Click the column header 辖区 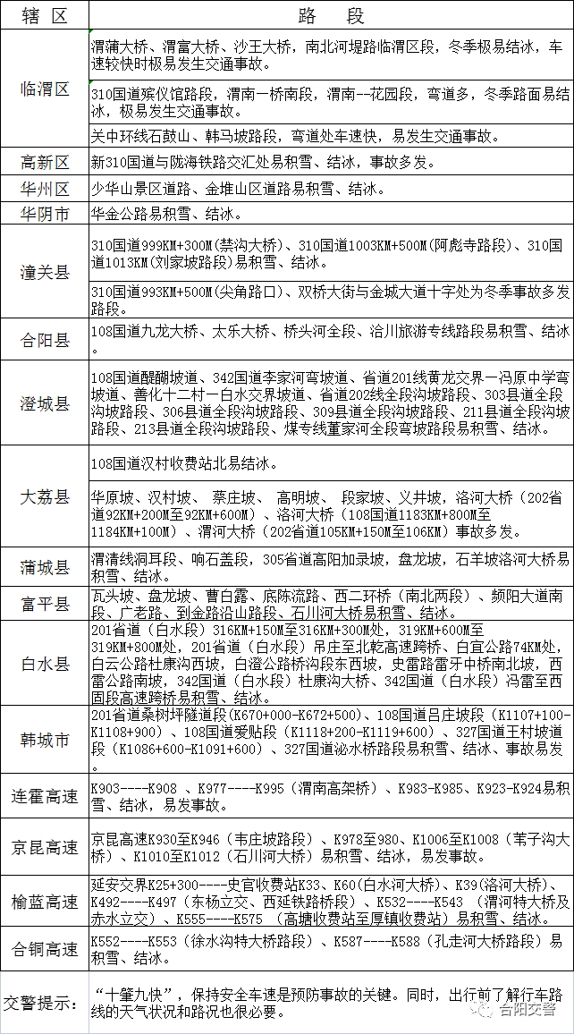coord(45,16)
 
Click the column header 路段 coord(331,16)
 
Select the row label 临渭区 coord(45,89)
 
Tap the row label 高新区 coord(45,163)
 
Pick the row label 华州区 coord(45,189)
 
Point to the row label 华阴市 coord(45,214)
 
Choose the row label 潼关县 coord(45,272)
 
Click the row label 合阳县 coord(45,340)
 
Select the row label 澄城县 coord(45,404)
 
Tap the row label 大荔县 coord(45,496)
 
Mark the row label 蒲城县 coord(45,567)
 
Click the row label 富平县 coord(45,605)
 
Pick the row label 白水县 coord(45,664)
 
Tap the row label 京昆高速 coord(45,847)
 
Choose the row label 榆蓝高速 coord(45,900)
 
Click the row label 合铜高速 coord(45,949)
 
